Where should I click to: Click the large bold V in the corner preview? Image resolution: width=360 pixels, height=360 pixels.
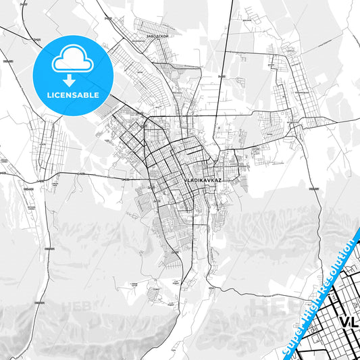343,322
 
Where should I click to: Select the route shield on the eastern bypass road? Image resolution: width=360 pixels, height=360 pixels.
313,191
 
